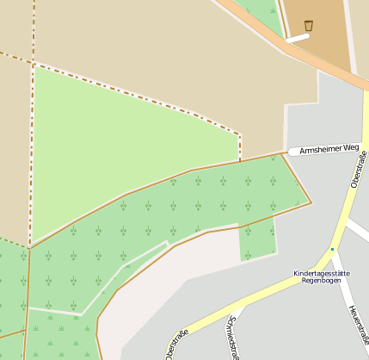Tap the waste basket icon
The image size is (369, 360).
coord(309,25)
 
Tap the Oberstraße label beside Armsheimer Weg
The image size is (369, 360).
coord(360,165)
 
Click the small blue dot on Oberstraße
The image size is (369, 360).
coord(332,250)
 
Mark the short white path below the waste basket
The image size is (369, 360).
coord(297,38)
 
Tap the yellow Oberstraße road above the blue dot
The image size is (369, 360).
coord(344,215)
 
